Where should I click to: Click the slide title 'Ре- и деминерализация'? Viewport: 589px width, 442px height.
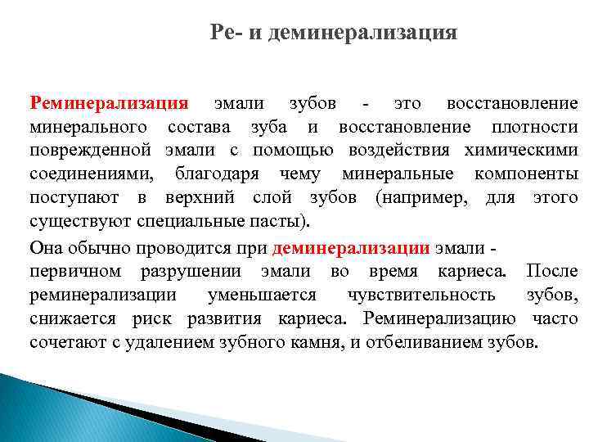pyautogui.click(x=334, y=33)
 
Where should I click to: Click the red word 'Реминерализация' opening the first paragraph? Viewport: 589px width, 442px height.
pyautogui.click(x=109, y=104)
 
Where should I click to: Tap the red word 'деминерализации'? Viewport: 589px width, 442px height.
pyautogui.click(x=352, y=249)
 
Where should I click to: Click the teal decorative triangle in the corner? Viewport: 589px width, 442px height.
pyautogui.click(x=49, y=409)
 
